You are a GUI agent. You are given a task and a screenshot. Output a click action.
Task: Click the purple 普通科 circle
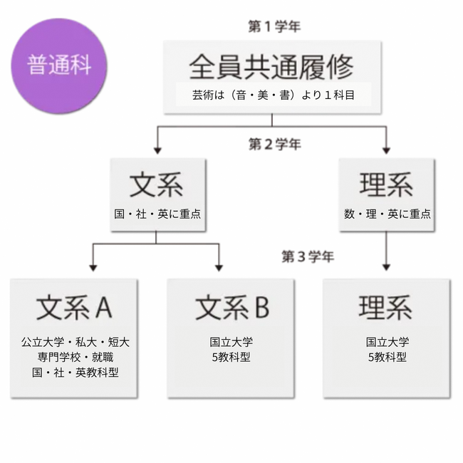59,66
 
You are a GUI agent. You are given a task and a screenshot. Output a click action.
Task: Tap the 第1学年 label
274,26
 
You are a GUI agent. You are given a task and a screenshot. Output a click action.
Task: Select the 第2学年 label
275,144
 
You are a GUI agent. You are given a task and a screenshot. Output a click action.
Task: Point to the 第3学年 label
308,256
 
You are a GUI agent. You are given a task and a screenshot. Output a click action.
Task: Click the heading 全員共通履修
271,67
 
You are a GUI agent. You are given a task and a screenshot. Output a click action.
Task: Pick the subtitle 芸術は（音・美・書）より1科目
273,95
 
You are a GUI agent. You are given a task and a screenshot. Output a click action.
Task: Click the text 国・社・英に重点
157,214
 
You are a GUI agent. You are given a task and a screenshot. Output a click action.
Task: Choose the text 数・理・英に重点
387,214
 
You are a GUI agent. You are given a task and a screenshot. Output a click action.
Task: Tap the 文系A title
74,308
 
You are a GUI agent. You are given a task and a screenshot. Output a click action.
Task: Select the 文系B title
232,308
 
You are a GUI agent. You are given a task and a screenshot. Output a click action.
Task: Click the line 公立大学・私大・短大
76,342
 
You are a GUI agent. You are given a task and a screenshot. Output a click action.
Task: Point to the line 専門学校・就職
76,358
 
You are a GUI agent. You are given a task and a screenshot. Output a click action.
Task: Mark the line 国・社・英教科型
76,373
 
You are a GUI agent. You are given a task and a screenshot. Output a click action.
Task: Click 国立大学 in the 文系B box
231,342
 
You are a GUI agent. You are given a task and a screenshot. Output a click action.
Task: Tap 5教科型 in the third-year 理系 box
387,358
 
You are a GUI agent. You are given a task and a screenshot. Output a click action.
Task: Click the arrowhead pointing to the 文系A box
93,268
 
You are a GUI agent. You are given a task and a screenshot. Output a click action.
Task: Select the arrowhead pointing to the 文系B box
219,268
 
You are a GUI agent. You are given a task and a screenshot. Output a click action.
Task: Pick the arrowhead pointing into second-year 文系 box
157,150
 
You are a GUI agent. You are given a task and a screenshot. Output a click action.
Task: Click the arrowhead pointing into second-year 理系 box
386,150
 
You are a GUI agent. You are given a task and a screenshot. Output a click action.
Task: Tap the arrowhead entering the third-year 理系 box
386,267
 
